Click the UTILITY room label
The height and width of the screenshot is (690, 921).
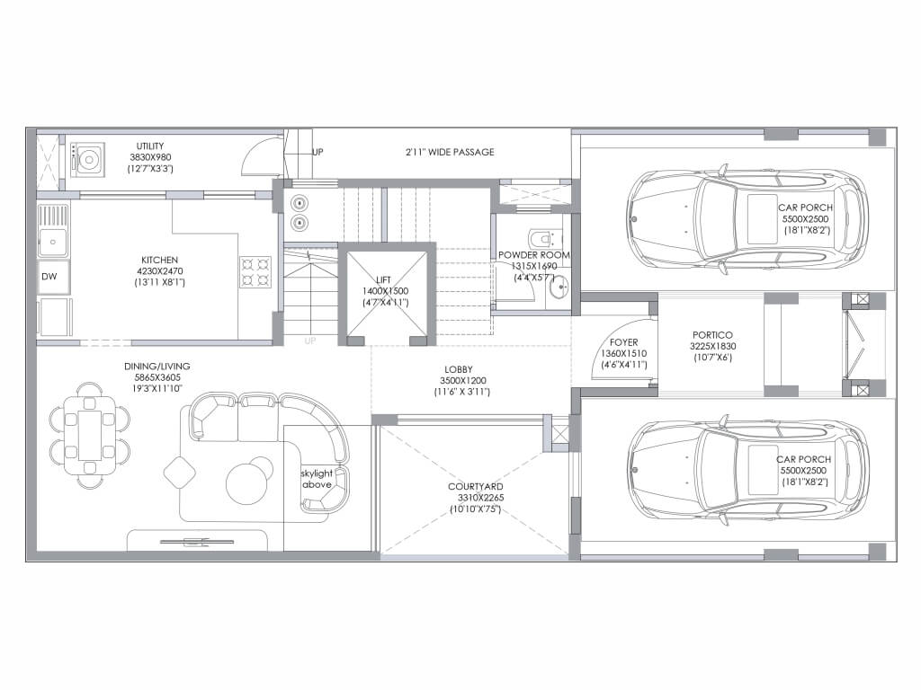pos(150,146)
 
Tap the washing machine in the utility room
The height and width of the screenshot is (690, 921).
pos(87,160)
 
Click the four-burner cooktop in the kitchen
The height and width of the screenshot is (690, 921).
pos(255,272)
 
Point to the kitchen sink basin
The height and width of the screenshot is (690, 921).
pos(53,241)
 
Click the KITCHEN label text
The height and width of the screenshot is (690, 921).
pos(159,260)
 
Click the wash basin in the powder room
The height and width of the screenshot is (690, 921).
pos(559,288)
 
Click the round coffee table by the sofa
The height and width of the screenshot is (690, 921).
pos(250,481)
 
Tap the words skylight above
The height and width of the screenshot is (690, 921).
pos(317,479)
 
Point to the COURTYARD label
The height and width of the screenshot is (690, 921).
pos(475,486)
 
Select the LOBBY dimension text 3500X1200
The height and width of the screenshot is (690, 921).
pos(463,380)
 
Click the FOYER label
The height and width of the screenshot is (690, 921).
pos(624,342)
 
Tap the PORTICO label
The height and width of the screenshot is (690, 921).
pos(712,335)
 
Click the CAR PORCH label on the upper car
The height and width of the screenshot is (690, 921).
pos(805,208)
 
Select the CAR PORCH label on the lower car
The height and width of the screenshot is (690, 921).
pos(803,459)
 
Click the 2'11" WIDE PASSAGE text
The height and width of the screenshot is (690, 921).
pos(450,152)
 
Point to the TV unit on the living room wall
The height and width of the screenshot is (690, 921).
pos(197,541)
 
